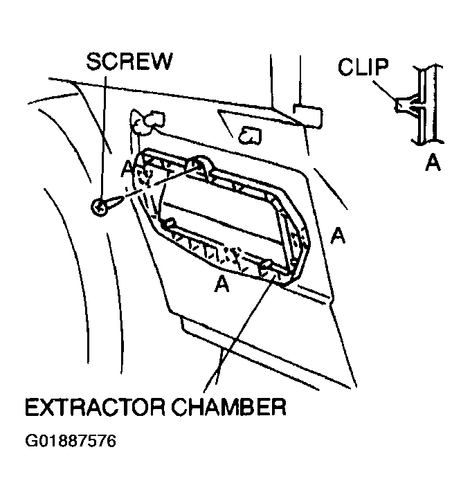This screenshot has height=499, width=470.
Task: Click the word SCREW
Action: coord(129,61)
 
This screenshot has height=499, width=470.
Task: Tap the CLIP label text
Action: coord(363,67)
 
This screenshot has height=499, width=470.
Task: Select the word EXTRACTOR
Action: coord(95,407)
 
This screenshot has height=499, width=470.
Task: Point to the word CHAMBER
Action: coord(229,407)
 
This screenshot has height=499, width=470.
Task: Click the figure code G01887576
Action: coord(71,442)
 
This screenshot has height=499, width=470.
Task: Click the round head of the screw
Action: coord(99,207)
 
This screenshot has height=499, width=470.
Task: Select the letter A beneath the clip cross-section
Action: coord(433,162)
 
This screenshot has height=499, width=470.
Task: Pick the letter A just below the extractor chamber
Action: coord(222,283)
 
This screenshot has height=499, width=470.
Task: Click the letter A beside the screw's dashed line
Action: coord(127,168)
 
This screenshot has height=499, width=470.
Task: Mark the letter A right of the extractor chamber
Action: coord(338,235)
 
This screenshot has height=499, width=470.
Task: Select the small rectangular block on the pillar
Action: coord(307,116)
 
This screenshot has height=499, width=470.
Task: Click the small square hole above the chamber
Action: coord(251,135)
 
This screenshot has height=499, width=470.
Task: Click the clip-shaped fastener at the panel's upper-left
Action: coord(147,122)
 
